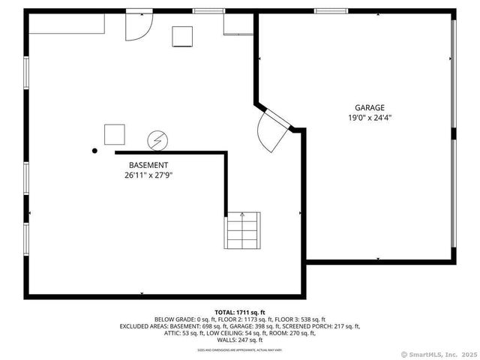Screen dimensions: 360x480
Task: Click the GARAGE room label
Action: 370,107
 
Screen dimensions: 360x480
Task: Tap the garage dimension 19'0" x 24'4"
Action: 370,118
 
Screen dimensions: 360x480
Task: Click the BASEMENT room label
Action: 148,165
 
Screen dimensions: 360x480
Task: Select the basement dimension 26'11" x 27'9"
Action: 148,175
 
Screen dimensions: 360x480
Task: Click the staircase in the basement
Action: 242,230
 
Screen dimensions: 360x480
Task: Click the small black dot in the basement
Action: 94,151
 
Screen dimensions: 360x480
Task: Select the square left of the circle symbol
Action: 115,134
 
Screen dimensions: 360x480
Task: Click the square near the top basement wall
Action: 183,36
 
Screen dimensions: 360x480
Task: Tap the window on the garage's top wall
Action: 331,10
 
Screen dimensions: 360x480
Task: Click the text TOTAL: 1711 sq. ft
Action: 240,312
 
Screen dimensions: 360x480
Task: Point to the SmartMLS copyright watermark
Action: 439,354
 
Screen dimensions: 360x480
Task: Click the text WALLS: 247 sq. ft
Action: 240,340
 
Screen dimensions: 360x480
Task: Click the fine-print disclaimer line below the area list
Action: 240,349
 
